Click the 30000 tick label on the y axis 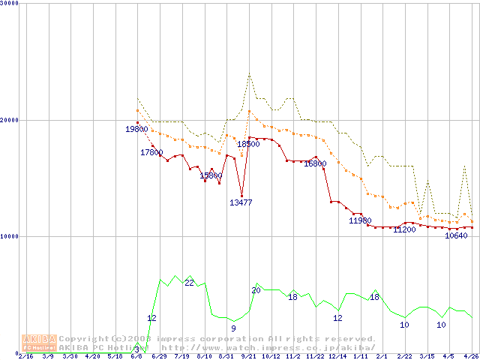point(9,3)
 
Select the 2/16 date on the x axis point(25,356)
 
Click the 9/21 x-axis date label point(248,356)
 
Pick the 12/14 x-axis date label point(337,356)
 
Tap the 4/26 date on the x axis point(470,356)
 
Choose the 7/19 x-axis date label point(181,356)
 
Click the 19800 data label point(136,129)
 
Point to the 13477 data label point(241,202)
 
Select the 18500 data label point(248,144)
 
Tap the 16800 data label point(315,163)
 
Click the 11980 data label point(360,220)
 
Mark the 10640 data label point(456,235)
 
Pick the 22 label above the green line point(189,283)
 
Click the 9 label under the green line point(233,328)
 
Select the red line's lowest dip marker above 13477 point(241,196)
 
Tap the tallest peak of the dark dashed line point(249,73)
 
